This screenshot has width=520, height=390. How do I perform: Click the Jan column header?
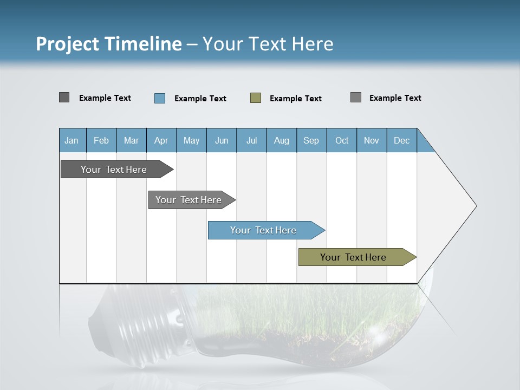click(72, 140)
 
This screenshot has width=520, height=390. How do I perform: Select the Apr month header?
click(161, 140)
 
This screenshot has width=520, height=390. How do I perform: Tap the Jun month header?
click(222, 140)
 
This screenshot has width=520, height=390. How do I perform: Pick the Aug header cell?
click(282, 140)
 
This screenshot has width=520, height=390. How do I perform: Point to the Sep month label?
click(311, 140)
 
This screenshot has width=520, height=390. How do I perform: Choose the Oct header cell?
click(342, 140)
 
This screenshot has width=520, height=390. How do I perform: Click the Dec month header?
click(402, 140)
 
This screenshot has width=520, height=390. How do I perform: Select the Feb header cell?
click(101, 140)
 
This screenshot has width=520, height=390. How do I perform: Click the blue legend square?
click(160, 98)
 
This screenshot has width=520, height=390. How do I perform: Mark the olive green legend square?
click(256, 98)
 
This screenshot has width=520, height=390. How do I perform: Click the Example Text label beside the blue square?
click(200, 99)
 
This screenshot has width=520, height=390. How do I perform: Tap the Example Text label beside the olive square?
click(295, 99)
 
